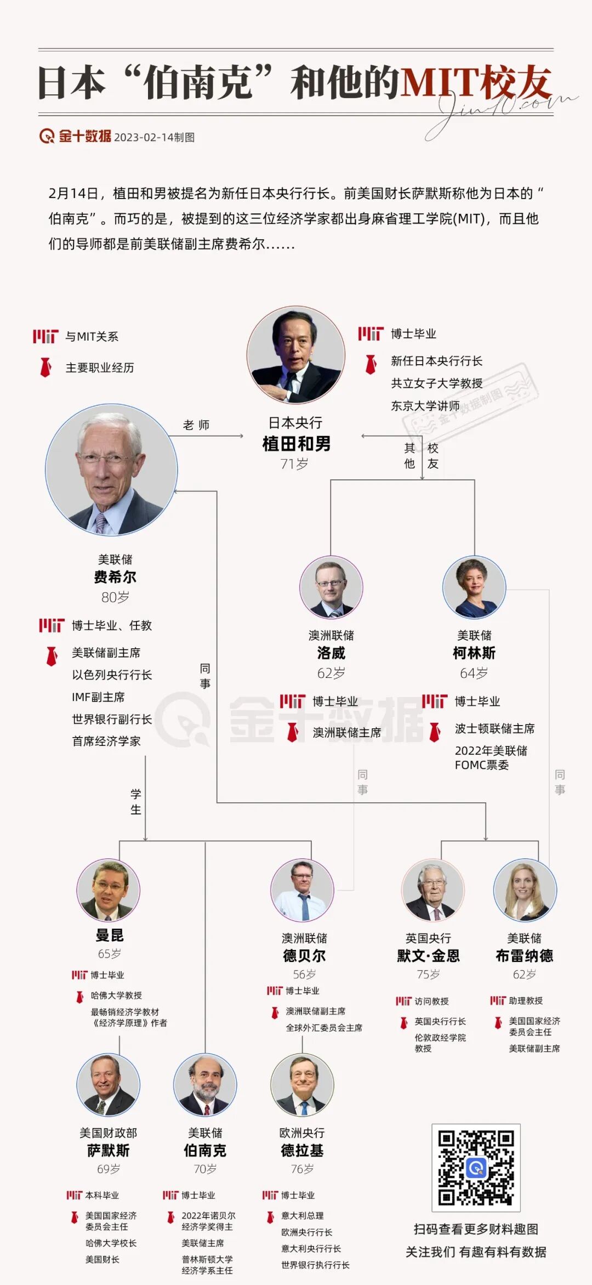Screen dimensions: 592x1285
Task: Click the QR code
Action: coord(476,1167)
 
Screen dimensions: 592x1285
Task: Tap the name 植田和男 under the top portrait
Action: coord(296,444)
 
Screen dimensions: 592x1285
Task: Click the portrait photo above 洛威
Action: coord(331,587)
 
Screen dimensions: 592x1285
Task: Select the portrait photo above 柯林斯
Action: coord(474,587)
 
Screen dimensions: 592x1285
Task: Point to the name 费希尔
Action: coord(115,577)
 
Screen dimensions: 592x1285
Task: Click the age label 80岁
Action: coord(115,597)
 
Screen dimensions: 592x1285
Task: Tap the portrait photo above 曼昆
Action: coord(109,890)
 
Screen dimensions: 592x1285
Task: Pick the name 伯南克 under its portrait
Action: coord(205,1151)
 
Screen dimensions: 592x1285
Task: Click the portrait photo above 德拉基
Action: coord(302,1085)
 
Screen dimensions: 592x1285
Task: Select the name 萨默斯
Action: coord(109,1151)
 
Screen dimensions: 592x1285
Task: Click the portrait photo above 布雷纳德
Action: coord(525,890)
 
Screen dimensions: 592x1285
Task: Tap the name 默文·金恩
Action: coord(428,956)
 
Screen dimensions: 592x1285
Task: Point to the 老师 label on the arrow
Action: coord(196,425)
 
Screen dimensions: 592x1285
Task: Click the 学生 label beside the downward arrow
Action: coord(136,801)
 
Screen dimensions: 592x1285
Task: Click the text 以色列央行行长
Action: coord(112,675)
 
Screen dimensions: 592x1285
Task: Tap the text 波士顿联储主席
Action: coord(494,728)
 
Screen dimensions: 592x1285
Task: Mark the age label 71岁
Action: coord(294,464)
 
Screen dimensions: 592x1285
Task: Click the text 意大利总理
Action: coord(302,1215)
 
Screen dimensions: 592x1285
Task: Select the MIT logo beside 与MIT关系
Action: coord(45,336)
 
